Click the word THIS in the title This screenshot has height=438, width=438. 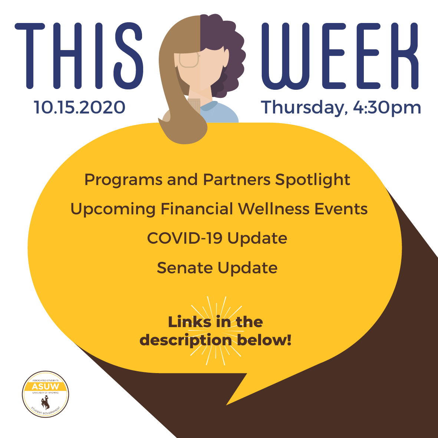click(x=79, y=56)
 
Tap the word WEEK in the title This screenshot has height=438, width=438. click(x=340, y=56)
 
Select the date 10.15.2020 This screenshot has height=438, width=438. click(x=79, y=107)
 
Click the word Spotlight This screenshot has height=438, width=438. click(x=313, y=180)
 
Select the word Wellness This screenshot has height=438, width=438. click(x=274, y=209)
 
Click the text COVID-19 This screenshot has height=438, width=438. click(x=185, y=238)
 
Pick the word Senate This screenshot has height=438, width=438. click(x=185, y=268)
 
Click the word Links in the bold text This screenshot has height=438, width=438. click(x=190, y=322)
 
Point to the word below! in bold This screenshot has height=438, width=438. click(x=264, y=340)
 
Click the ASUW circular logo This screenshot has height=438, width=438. click(x=46, y=394)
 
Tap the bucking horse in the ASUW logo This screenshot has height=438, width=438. click(x=45, y=402)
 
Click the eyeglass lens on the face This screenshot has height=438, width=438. click(x=189, y=60)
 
